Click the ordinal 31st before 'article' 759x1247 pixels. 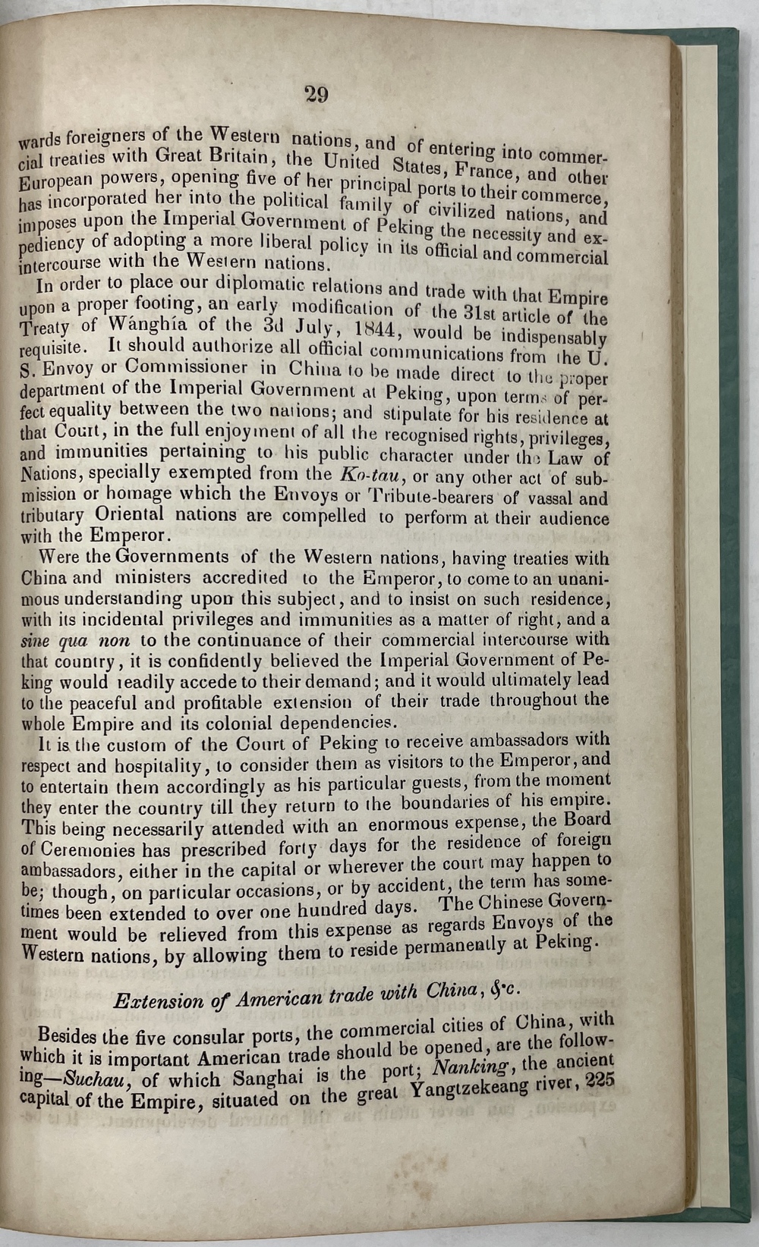[x=494, y=313]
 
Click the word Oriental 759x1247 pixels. [x=130, y=514]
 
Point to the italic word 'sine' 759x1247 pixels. [x=36, y=640]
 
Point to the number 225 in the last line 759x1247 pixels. [x=600, y=1082]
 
